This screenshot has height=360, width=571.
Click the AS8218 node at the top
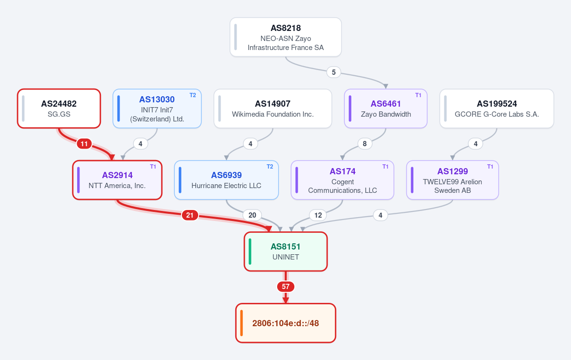tap(286, 37)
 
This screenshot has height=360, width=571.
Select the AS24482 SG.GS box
tap(59, 109)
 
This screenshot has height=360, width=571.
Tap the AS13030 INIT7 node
tap(157, 109)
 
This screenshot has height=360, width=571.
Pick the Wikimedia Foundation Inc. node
tap(273, 109)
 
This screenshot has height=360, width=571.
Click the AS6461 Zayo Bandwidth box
tap(386, 109)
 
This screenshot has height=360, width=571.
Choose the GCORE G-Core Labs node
tap(497, 109)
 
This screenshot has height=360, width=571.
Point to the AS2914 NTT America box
tap(117, 180)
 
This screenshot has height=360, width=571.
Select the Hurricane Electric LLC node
tap(227, 180)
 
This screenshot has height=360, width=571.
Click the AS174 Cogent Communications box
tap(342, 180)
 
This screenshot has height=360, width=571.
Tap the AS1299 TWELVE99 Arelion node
tap(452, 180)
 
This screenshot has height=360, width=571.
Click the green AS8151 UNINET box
tap(286, 251)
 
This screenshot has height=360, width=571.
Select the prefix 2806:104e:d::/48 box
tap(286, 323)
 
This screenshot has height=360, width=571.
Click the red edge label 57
tap(286, 287)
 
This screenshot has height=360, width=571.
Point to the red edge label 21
tap(190, 215)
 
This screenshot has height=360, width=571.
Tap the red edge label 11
tap(84, 144)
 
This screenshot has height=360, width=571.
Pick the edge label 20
tap(252, 215)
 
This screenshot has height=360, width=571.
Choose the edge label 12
tap(318, 215)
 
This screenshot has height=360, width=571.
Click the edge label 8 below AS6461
tap(364, 144)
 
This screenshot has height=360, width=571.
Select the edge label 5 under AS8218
tap(333, 72)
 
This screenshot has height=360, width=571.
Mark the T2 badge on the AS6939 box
tap(270, 167)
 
